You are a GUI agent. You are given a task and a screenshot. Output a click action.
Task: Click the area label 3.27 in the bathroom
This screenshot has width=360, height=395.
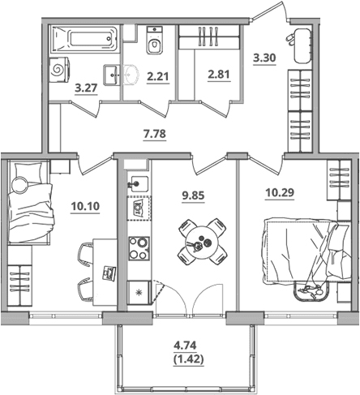tap(86, 88)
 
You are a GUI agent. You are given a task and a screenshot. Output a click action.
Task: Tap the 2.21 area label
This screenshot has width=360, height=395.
tap(158, 76)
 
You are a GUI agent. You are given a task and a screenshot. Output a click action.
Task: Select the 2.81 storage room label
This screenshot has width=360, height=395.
tap(219, 74)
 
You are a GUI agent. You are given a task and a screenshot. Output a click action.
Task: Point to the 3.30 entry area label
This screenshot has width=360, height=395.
tap(264, 58)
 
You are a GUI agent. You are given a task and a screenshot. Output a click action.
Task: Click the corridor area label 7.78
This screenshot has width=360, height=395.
tap(155, 134)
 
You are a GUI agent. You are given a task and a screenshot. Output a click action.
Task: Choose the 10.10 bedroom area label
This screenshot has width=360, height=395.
tap(85, 206)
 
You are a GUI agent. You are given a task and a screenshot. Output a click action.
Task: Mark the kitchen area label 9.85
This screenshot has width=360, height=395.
tap(194, 195)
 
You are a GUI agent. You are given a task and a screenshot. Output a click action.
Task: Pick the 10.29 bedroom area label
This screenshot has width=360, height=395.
tap(280, 193)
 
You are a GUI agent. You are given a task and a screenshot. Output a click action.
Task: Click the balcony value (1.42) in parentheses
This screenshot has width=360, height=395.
tap(188, 359)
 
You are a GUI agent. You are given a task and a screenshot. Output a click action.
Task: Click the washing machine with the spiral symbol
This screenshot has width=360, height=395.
tap(59, 71)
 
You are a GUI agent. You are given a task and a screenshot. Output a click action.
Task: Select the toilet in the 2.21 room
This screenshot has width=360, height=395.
tap(155, 40)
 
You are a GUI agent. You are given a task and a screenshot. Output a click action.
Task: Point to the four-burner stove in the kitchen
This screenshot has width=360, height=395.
tap(139, 248)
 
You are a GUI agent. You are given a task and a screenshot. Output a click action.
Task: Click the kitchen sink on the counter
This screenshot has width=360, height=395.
tap(139, 183)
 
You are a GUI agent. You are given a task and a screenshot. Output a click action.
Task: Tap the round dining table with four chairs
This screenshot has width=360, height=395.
tap(202, 242)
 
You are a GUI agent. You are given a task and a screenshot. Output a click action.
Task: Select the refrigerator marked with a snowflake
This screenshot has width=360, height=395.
tap(139, 292)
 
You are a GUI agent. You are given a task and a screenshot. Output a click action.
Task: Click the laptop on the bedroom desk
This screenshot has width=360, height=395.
tap(109, 273)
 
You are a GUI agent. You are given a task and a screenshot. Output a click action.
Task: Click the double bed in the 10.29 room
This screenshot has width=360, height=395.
tap(306, 251)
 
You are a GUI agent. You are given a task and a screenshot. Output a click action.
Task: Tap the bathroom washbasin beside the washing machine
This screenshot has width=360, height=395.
tap(111, 75)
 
